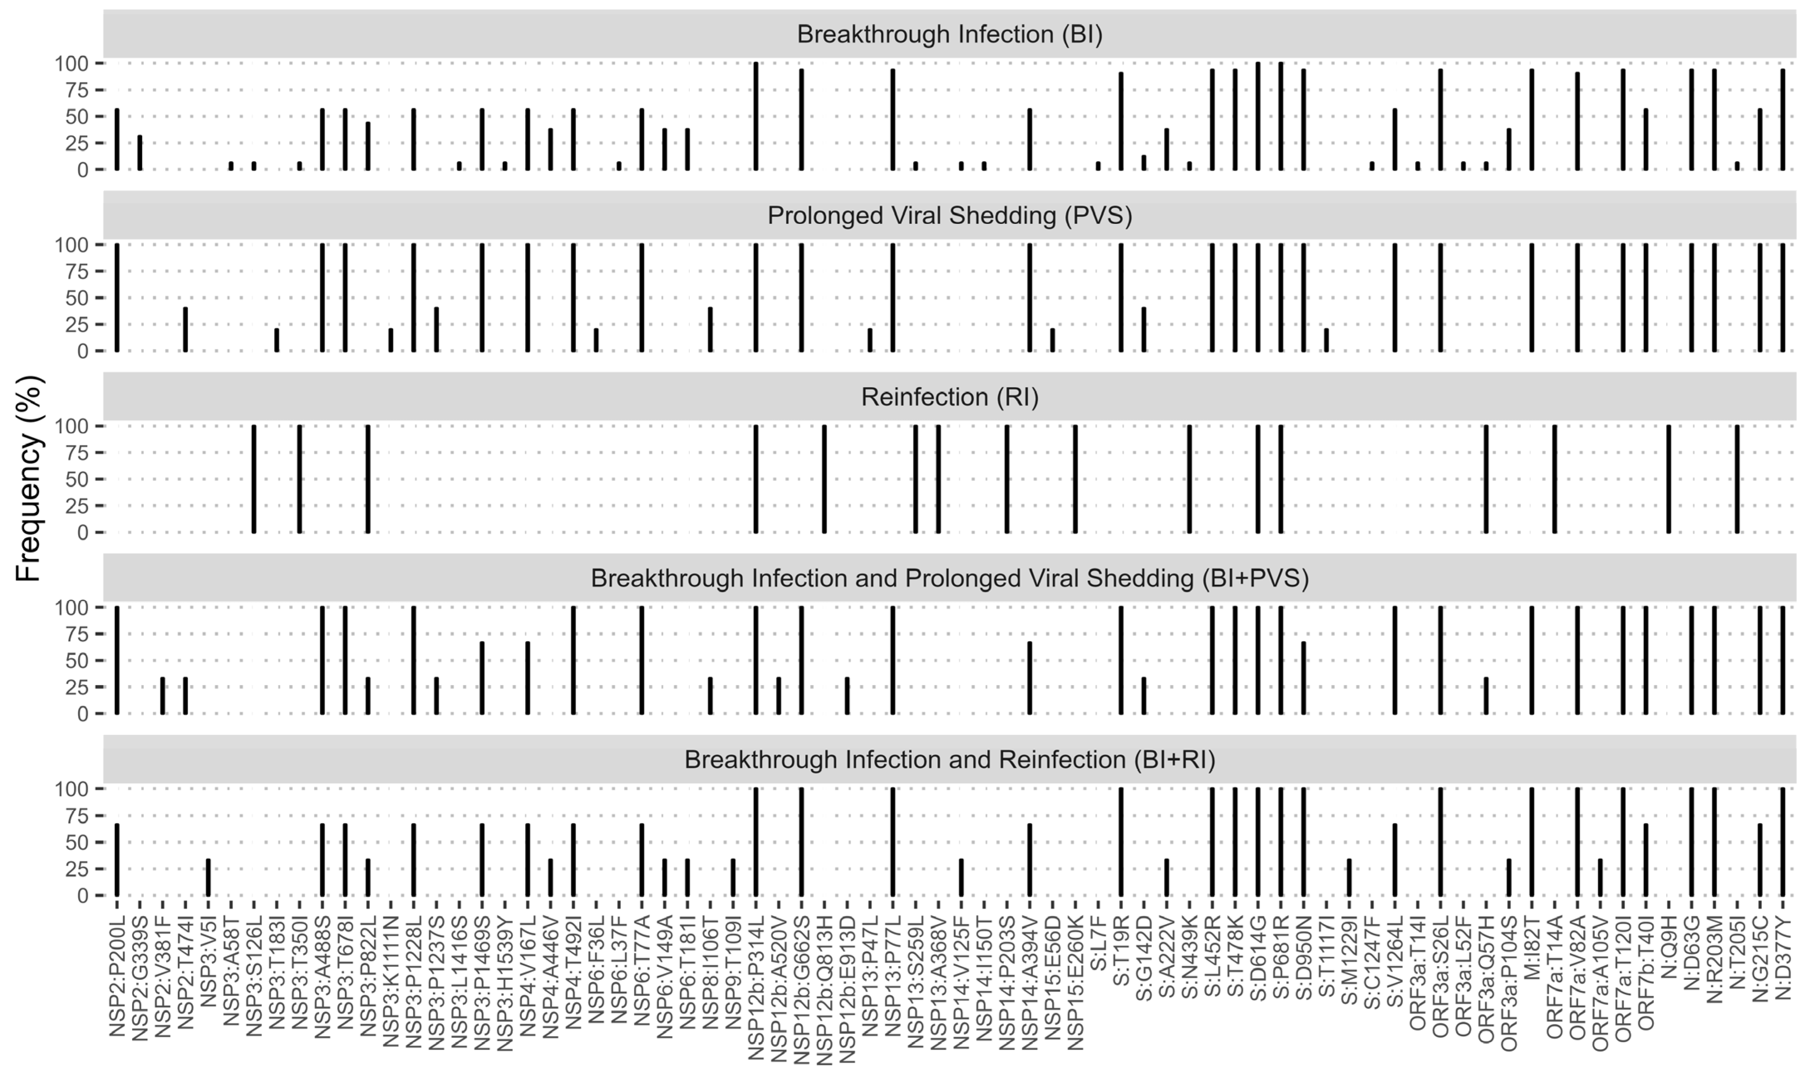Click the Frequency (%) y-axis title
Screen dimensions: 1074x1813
coord(29,479)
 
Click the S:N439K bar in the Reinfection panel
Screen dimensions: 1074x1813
coord(1189,479)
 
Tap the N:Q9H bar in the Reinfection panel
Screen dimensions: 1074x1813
coord(1669,479)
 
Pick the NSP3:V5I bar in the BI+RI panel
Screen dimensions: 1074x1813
coord(209,877)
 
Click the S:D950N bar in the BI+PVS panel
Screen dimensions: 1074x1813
coord(1304,678)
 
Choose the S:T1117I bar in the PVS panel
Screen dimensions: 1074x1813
coord(1326,340)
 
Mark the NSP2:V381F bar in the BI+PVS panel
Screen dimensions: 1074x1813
coord(163,696)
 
